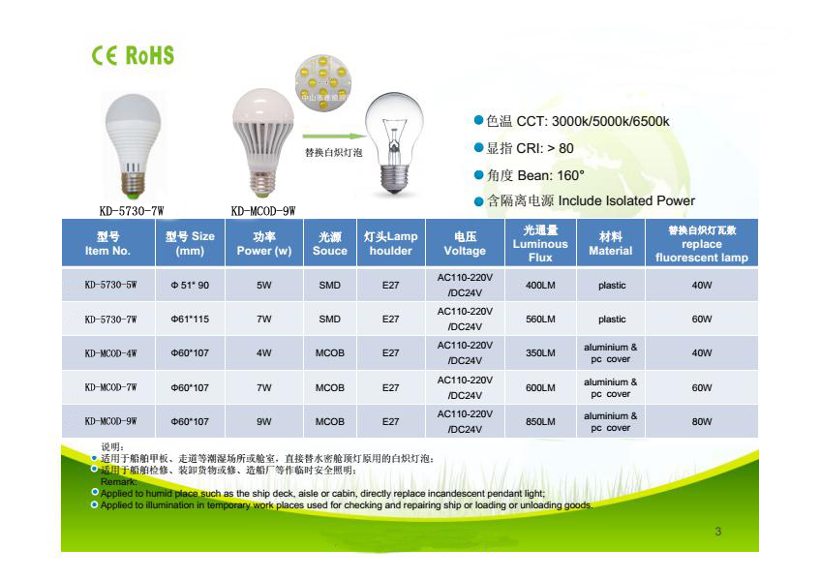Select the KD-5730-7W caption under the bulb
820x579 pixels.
132,210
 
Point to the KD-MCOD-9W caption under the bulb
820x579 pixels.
262,210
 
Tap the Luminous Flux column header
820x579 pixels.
539,244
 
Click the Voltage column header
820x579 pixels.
465,244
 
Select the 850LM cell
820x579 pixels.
539,422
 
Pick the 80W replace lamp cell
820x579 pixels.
701,422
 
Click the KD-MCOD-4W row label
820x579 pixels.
108,354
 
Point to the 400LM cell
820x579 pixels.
539,287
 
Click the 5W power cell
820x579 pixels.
263,287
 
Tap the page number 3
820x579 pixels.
717,532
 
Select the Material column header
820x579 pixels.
610,244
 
